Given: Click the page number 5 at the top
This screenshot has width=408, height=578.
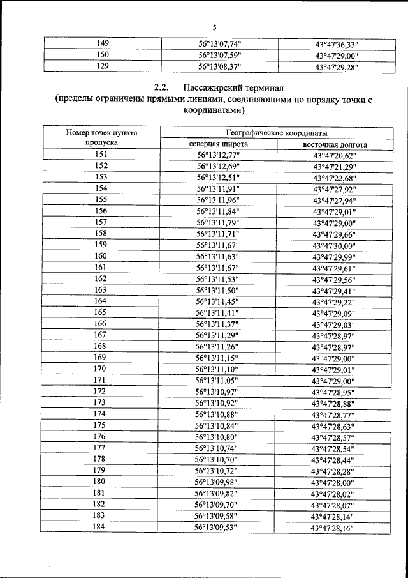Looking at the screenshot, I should [x=214, y=27].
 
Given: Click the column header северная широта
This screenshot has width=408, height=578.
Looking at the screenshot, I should [x=219, y=144].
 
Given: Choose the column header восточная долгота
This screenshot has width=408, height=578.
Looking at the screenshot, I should [x=334, y=144].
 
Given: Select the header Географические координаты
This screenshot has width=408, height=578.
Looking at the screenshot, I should [x=277, y=133].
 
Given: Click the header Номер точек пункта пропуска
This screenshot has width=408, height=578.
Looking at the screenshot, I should [x=101, y=138].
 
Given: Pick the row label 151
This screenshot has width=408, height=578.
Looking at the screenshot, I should [x=101, y=155].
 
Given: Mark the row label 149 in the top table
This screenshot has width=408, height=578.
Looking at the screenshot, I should [x=102, y=44].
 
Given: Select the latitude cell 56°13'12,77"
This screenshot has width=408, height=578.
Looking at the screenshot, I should [x=219, y=155].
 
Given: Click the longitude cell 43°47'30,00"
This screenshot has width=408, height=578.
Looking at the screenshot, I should [x=333, y=245].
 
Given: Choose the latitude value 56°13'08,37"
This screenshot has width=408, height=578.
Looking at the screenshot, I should [x=220, y=66].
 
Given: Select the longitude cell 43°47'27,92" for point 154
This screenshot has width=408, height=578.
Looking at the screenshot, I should [x=334, y=189].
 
